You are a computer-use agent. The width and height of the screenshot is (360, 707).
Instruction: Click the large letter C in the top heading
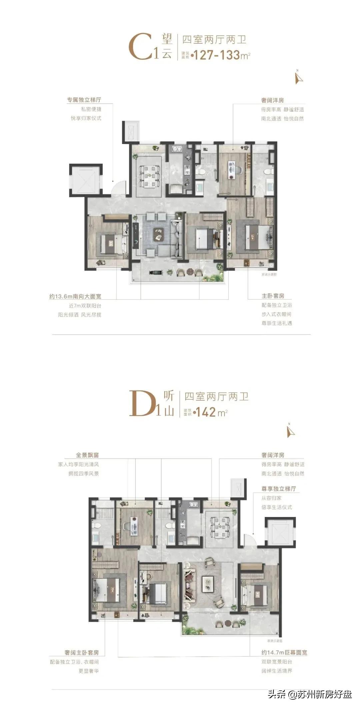point(140,48)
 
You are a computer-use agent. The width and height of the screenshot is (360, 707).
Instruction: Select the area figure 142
point(206,412)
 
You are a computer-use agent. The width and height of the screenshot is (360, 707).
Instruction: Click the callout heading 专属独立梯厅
point(84,100)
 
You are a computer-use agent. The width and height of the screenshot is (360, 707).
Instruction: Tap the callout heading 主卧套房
point(273,296)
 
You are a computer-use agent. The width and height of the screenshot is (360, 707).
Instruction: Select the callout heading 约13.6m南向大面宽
point(75,296)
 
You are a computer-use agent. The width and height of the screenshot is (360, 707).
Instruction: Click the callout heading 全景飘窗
point(87,455)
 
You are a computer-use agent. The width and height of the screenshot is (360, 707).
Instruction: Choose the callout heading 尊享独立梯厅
point(279,489)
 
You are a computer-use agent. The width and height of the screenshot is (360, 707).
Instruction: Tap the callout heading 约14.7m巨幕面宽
point(284,652)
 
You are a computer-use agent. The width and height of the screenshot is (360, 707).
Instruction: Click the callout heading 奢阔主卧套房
point(82,653)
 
